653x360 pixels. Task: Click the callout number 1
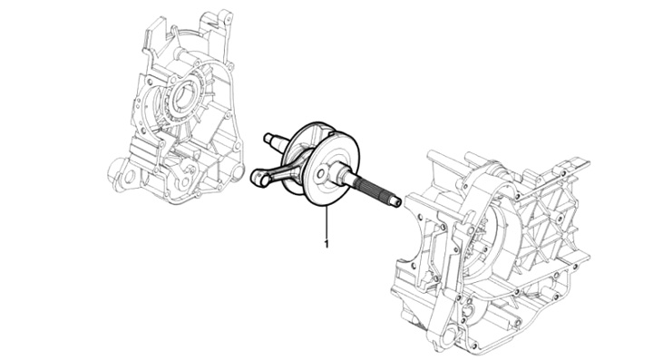[326, 244]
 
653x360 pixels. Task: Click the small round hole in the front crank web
[321, 173]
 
